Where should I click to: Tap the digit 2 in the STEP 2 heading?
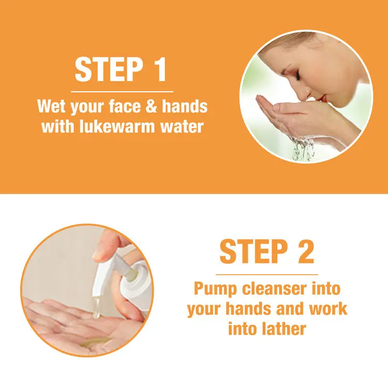[306, 251]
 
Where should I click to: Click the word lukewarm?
[117, 126]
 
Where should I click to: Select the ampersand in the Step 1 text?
[151, 106]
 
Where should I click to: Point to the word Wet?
[52, 106]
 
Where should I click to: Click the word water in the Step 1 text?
[182, 126]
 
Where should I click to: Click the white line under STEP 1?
[122, 92]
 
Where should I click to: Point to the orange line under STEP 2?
[267, 274]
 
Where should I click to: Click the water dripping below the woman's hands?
[303, 148]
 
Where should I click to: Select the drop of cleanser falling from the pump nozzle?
[96, 308]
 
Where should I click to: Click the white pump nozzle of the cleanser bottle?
[104, 277]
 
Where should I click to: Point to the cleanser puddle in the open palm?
[95, 342]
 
